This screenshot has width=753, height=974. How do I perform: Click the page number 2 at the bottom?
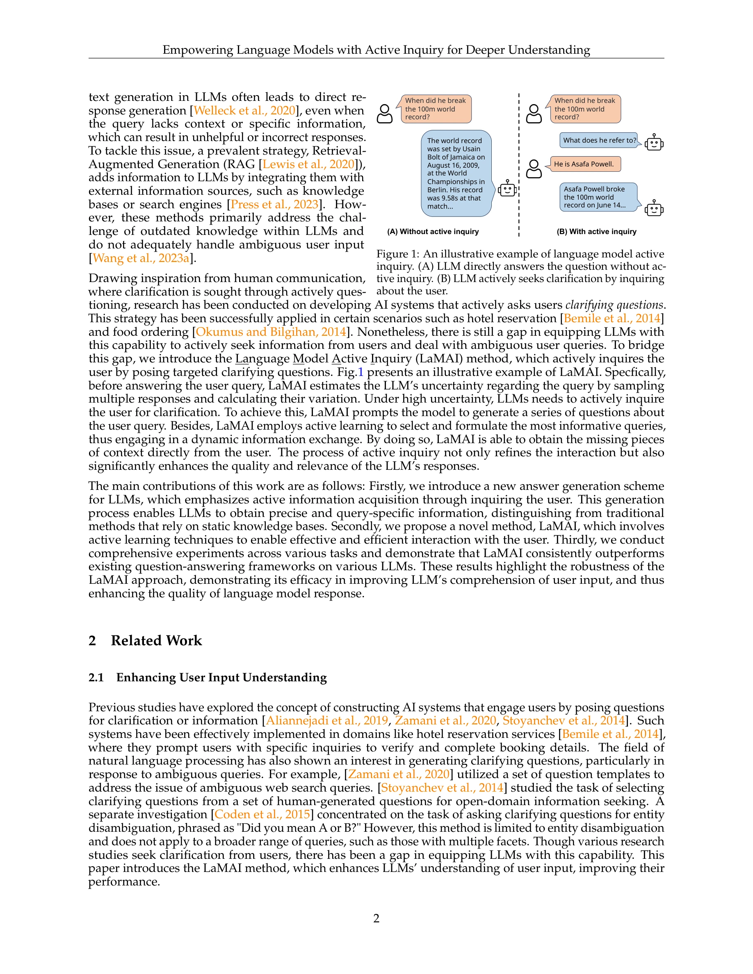pyautogui.click(x=376, y=918)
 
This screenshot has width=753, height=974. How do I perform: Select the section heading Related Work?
pyautogui.click(x=156, y=640)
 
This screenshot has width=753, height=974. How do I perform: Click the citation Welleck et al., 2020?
pyautogui.click(x=244, y=111)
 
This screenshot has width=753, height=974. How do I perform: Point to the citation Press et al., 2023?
pyautogui.click(x=274, y=204)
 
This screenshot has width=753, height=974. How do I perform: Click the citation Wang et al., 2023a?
pyautogui.click(x=141, y=258)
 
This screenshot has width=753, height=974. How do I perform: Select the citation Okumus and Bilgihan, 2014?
pyautogui.click(x=271, y=332)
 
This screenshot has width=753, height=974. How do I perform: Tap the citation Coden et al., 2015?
pyautogui.click(x=262, y=815)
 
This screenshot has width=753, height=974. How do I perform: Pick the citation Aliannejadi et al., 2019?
pyautogui.click(x=327, y=720)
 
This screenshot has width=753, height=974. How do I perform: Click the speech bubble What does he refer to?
pyautogui.click(x=599, y=141)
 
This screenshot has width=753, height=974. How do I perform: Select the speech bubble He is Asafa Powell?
pyautogui.click(x=584, y=164)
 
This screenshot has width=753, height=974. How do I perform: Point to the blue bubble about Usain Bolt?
pyautogui.click(x=456, y=173)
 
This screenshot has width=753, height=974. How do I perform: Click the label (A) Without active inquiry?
pyautogui.click(x=433, y=232)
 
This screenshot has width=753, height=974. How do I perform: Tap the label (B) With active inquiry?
pyautogui.click(x=596, y=232)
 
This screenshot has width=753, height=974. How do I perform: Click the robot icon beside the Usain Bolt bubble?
pyautogui.click(x=507, y=189)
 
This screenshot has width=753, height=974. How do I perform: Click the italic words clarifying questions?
pyautogui.click(x=615, y=305)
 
